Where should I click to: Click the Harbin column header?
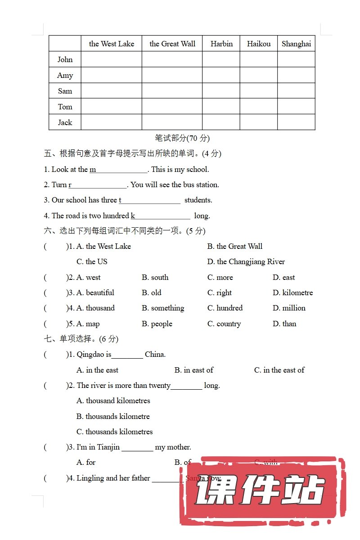click(x=221, y=44)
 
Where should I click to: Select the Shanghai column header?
click(x=296, y=44)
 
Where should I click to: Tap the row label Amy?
click(x=65, y=75)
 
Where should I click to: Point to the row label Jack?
click(x=65, y=122)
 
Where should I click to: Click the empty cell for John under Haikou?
click(x=258, y=59)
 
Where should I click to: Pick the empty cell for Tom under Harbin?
click(x=221, y=107)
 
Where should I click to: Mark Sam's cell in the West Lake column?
click(x=111, y=91)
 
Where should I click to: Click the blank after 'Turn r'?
click(x=99, y=184)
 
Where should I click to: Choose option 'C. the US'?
click(x=92, y=261)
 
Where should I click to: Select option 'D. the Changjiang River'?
click(x=246, y=261)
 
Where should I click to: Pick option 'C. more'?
click(x=220, y=277)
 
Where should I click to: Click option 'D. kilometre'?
click(x=292, y=292)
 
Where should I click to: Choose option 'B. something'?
click(x=163, y=308)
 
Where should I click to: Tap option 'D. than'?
click(x=284, y=324)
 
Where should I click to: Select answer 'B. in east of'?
click(x=194, y=370)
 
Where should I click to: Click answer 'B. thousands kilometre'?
click(x=113, y=416)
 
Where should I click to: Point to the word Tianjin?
click(x=108, y=447)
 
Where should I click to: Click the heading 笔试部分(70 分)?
click(x=182, y=138)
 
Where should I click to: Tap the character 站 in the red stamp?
click(x=304, y=490)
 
